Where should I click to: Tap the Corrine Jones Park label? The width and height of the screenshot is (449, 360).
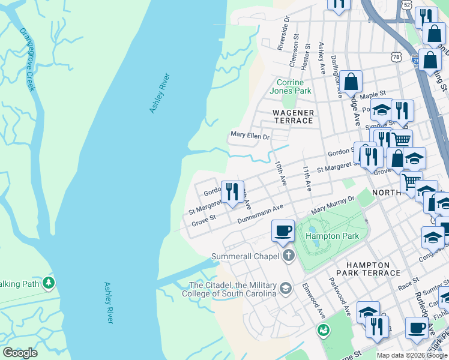pyautogui.click(x=294, y=86)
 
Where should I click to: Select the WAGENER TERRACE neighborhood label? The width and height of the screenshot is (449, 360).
pyautogui.click(x=293, y=116)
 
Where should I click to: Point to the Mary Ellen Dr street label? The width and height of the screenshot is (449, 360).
pyautogui.click(x=250, y=136)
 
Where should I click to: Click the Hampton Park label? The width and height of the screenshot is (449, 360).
pyautogui.click(x=332, y=236)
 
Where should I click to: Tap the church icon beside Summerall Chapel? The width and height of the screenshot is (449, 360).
pyautogui.click(x=289, y=256)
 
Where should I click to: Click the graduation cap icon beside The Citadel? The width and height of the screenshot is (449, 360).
pyautogui.click(x=286, y=289)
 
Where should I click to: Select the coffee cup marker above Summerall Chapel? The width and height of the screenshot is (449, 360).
pyautogui.click(x=283, y=230)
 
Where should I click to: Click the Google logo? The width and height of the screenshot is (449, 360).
pyautogui.click(x=20, y=353)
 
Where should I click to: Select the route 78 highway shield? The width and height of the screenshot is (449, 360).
pyautogui.click(x=395, y=56)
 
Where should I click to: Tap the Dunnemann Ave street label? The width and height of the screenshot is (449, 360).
pyautogui.click(x=260, y=214)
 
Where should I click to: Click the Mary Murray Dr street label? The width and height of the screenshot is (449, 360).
pyautogui.click(x=333, y=205)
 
